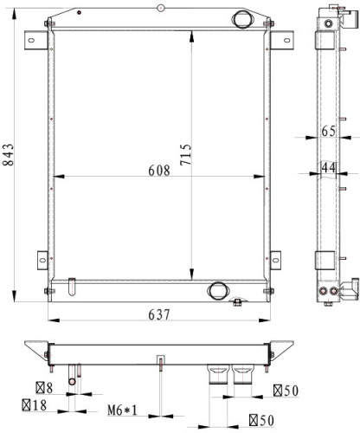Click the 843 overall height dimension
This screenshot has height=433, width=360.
pos(9,155)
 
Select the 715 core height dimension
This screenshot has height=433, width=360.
pos(186,155)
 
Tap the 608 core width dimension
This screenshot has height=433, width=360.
pos(159,171)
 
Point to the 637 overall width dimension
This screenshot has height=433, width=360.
pos(159,314)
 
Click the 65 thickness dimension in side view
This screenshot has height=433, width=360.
pos(329,132)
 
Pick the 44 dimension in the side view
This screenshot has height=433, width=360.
pos(329,167)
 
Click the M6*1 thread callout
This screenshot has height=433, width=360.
pos(122,410)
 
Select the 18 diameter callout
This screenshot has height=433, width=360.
pos(35,405)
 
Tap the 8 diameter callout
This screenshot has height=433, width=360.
pos(44,388)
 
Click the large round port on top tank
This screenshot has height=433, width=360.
pos(241,19)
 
